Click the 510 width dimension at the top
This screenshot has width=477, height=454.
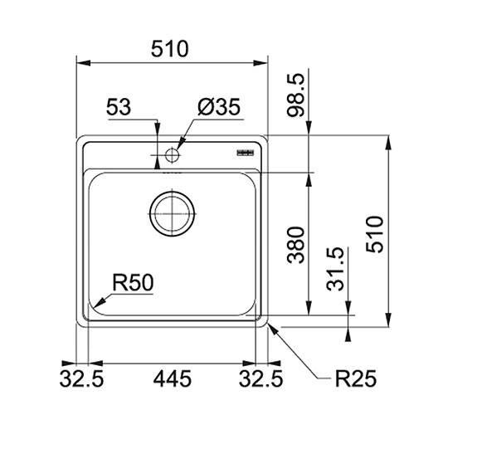(170, 49)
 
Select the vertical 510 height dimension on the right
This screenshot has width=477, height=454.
(374, 234)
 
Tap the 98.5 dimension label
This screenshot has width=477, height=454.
(295, 95)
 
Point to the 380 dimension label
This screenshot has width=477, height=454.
(295, 245)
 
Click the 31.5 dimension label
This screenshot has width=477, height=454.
(335, 269)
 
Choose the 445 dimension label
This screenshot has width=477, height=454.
(173, 378)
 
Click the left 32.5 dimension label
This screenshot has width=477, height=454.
(81, 378)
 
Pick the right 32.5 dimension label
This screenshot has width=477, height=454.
(261, 378)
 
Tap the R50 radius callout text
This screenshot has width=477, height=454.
(133, 283)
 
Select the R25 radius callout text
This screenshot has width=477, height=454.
(356, 378)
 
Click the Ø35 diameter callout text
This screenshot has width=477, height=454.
(219, 107)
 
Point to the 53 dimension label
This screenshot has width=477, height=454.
(119, 107)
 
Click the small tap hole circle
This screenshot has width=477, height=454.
(172, 155)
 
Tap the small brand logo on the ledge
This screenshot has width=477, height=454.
(246, 153)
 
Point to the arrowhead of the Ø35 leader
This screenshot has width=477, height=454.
(180, 144)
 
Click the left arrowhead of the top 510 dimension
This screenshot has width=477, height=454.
(83, 63)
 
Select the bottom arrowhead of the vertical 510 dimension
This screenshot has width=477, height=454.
(388, 320)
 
